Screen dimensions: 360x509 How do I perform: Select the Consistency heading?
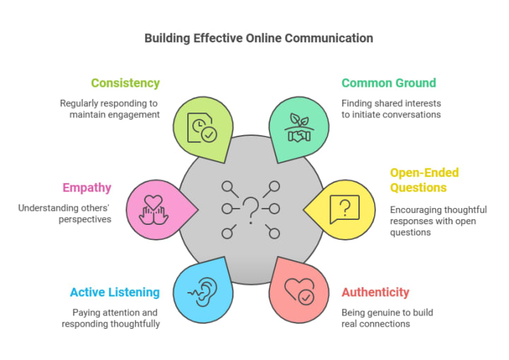click(125, 83)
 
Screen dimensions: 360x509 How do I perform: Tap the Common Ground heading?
click(389, 83)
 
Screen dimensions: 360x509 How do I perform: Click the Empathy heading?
click(87, 187)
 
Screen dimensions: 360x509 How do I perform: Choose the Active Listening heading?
click(115, 292)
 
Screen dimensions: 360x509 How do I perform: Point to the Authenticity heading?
click(375, 292)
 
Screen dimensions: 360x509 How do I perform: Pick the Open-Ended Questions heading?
click(424, 180)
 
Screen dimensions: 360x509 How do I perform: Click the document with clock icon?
click(201, 124)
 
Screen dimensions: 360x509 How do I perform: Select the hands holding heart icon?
click(153, 209)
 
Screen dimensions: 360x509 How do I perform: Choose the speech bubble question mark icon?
click(344, 209)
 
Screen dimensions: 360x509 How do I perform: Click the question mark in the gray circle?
click(250, 209)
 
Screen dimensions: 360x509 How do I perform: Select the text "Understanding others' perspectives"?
click(65, 214)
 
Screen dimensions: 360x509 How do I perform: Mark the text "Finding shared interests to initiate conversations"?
click(391, 108)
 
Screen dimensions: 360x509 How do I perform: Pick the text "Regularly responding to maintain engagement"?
click(111, 108)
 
